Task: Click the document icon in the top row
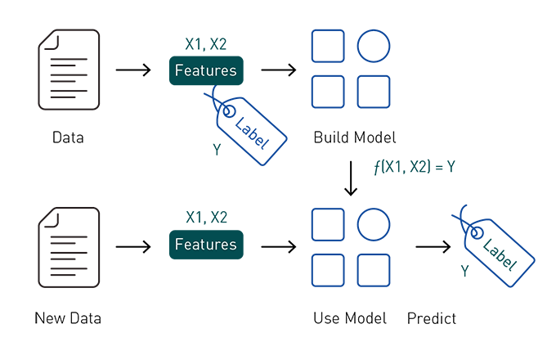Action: point(69,70)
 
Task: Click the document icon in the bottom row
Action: point(69,246)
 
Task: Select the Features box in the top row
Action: point(206,71)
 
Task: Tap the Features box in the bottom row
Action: point(206,245)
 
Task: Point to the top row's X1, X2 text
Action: point(206,44)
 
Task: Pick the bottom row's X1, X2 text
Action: point(206,218)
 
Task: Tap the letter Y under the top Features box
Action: point(217,151)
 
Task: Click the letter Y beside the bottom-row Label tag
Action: point(464,271)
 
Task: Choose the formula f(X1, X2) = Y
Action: point(415,168)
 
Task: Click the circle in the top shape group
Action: point(374,46)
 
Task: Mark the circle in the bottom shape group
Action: point(374,224)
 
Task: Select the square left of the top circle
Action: point(328,46)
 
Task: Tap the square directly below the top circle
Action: point(374,92)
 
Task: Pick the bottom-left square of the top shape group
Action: point(328,92)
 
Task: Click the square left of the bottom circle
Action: point(328,224)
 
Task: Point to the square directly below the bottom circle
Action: point(374,270)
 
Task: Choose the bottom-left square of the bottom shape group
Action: point(328,270)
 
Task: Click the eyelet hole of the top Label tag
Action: point(229,110)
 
